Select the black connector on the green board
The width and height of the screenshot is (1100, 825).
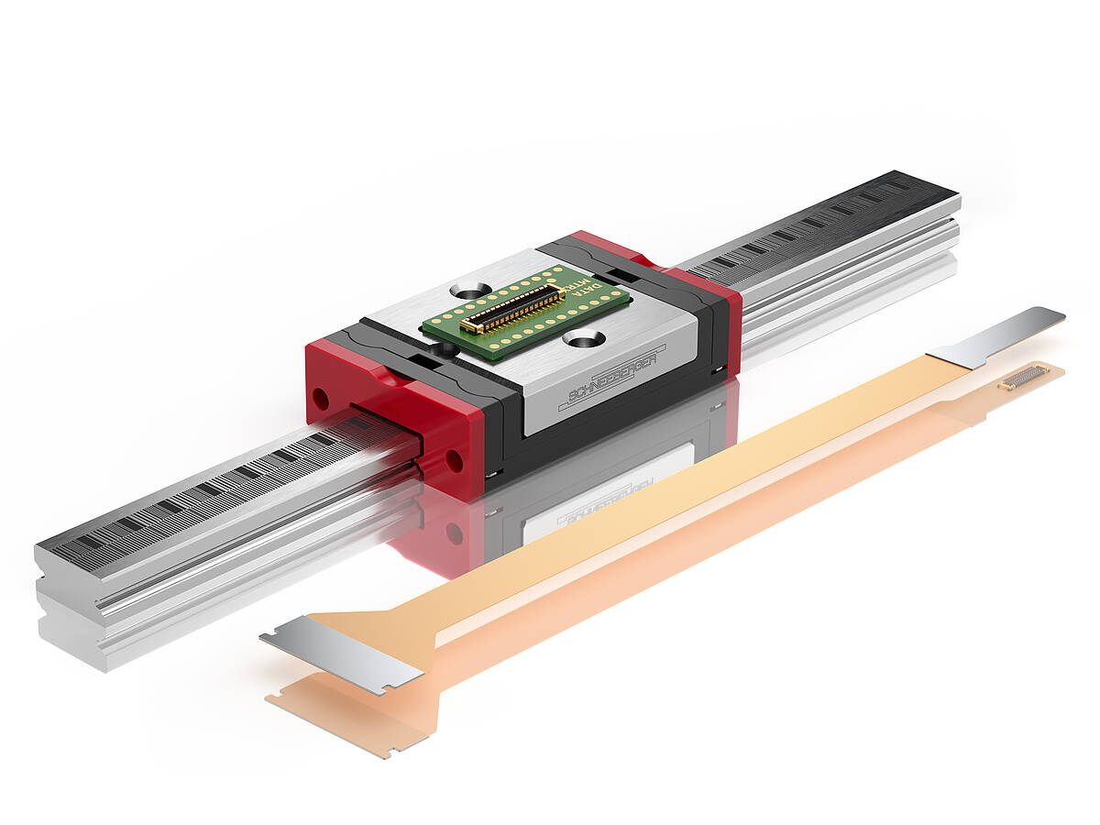tap(512, 309)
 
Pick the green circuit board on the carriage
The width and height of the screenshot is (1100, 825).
tap(526, 312)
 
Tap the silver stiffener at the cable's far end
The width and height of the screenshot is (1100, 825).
tap(999, 335)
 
